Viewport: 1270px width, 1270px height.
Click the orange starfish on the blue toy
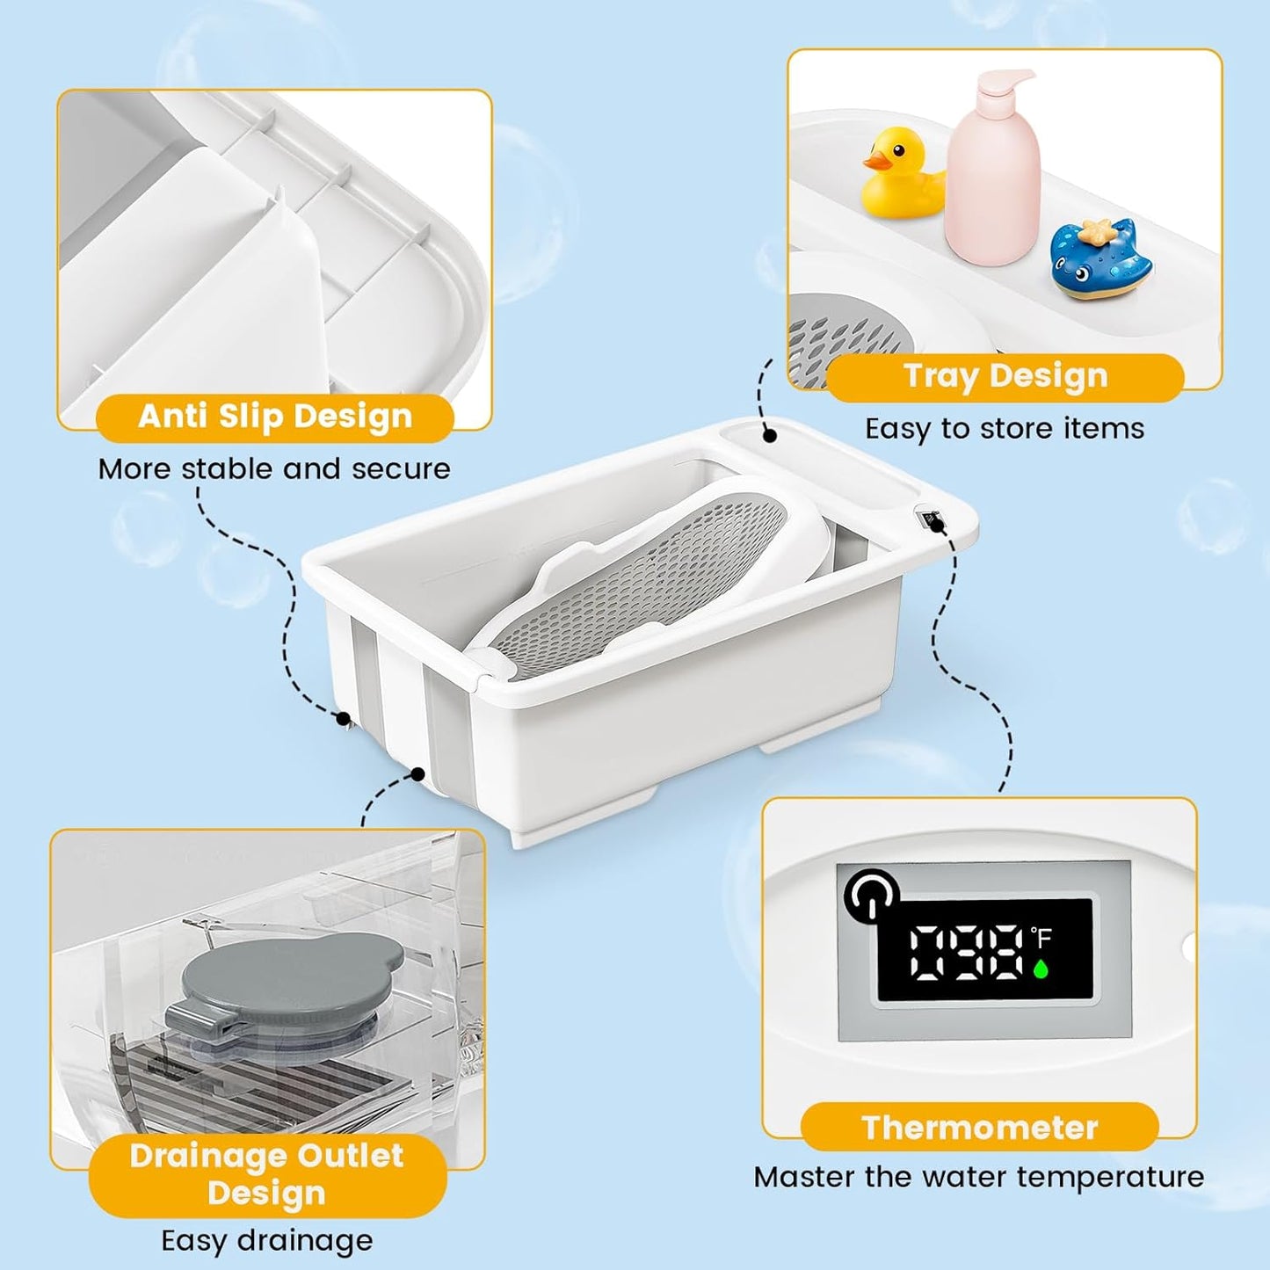click(x=1095, y=232)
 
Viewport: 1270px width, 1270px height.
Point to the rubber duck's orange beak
click(x=875, y=161)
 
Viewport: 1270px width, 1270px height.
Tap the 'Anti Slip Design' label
click(x=274, y=417)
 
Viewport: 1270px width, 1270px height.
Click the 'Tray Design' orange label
click(x=1005, y=376)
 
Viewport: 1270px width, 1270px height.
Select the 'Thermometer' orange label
click(x=979, y=1128)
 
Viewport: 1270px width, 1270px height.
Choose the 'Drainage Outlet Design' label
click(x=266, y=1174)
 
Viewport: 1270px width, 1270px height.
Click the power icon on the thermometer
click(x=871, y=895)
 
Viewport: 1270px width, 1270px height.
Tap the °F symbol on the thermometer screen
click(x=1041, y=939)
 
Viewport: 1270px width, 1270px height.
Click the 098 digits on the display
click(x=966, y=951)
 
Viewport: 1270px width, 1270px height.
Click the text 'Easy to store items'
click(x=1005, y=429)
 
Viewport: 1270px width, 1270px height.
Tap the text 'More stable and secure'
click(x=274, y=469)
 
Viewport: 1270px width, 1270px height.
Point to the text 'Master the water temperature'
click(x=979, y=1177)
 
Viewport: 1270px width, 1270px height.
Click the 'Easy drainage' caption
click(x=267, y=1241)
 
